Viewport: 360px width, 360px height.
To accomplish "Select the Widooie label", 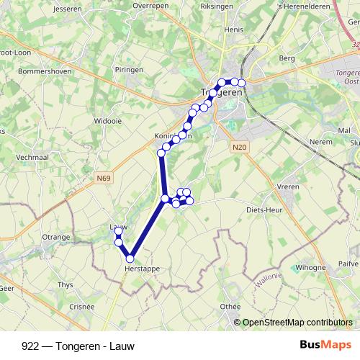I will pyautogui.click(x=108, y=122).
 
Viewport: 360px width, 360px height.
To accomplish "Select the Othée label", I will pyautogui.click(x=230, y=306).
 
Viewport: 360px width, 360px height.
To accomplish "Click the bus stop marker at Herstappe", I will pyautogui.click(x=130, y=258).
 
